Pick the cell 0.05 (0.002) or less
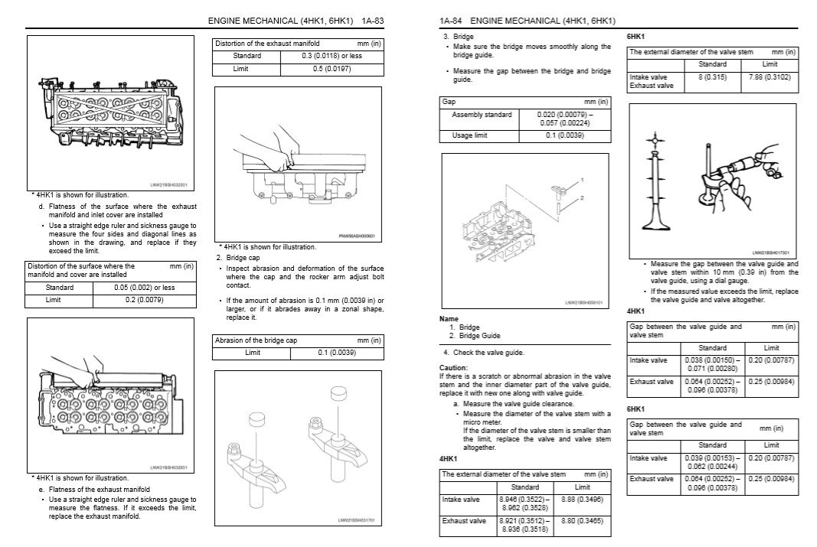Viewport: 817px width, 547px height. tap(143, 288)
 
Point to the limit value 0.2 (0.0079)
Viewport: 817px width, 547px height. tap(143, 301)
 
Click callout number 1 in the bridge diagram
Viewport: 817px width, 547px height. tap(582, 179)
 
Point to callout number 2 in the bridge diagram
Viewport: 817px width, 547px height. tap(582, 198)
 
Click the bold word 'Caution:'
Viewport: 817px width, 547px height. tap(453, 367)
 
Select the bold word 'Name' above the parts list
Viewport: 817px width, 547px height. tap(449, 318)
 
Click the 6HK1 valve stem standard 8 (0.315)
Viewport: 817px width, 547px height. tap(712, 77)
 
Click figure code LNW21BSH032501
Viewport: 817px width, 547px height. tap(169, 184)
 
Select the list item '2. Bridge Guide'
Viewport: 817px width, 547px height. tap(475, 336)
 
